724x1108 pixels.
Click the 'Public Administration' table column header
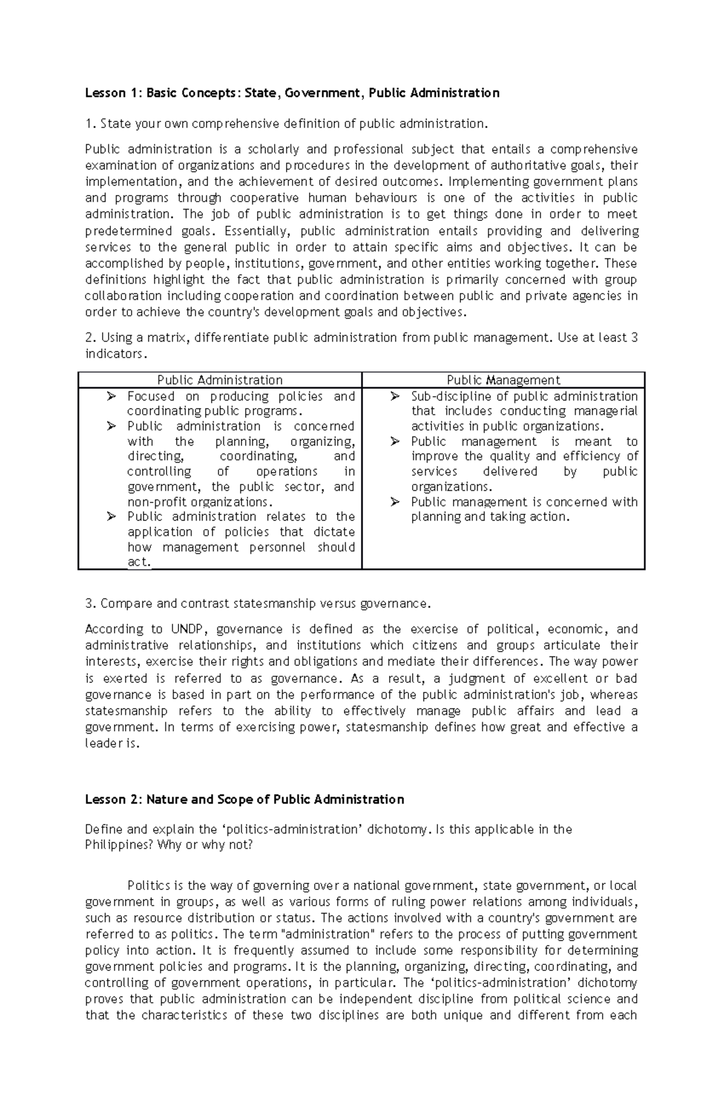click(220, 380)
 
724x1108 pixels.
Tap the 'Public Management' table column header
click(503, 380)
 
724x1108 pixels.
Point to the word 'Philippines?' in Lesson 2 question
click(119, 845)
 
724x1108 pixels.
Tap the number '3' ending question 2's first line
click(634, 338)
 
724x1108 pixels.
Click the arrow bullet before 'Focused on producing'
click(110, 397)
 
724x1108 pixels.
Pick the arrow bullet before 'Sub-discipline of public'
click(395, 397)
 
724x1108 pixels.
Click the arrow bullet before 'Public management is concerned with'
click(395, 502)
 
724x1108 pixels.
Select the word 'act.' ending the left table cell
click(139, 562)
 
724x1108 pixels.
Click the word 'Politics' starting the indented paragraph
click(149, 886)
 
